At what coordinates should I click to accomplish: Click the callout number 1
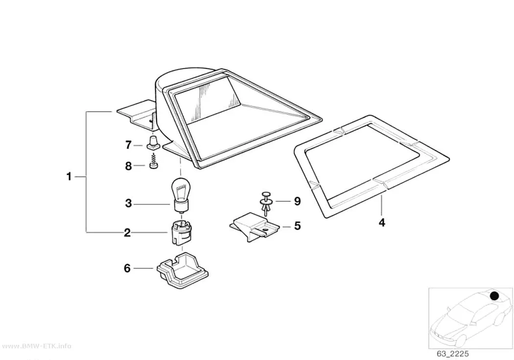69,177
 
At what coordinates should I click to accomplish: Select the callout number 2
127,233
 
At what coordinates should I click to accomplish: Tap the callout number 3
128,203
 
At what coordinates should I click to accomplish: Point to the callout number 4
382,223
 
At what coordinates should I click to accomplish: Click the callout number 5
297,226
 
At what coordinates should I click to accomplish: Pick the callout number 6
127,268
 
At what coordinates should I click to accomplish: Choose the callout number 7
128,144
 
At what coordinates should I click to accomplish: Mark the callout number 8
128,166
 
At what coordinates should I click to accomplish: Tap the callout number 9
297,201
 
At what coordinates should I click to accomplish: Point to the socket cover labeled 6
183,270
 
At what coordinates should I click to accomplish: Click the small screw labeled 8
153,164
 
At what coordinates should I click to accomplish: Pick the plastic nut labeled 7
153,144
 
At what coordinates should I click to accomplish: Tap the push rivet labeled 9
266,203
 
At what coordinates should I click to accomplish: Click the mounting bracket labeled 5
255,227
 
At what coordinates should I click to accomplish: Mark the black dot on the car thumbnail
494,296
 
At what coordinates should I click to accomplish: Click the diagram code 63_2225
452,354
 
